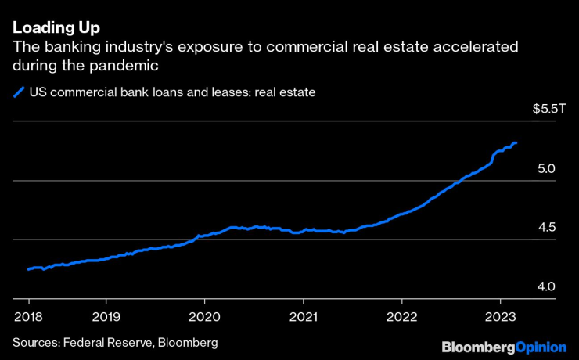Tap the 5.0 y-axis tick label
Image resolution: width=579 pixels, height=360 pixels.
point(546,168)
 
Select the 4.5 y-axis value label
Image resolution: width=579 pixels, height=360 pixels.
point(546,228)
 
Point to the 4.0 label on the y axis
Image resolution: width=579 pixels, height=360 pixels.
point(546,286)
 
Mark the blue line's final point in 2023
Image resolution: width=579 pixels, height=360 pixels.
point(516,143)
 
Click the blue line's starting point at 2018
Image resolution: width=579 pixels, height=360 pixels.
point(28,269)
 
